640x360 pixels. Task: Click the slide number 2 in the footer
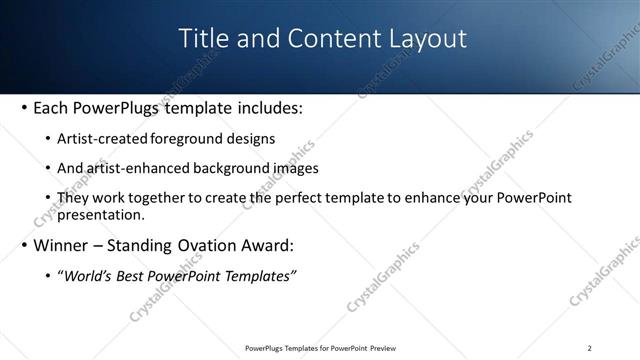pos(589,348)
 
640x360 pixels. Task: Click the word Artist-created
pos(104,139)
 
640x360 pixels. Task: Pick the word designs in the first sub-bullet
pos(250,139)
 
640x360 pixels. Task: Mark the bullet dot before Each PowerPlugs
pos(23,108)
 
